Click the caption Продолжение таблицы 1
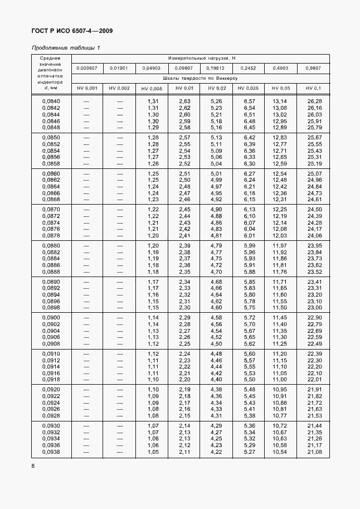66,48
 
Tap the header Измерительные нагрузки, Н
202,58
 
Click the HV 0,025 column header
249,89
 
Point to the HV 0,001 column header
87,89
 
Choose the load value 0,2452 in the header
249,69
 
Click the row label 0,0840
51,101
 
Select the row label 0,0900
51,317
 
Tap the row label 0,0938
51,452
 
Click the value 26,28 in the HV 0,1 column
314,101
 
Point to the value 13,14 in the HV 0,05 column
280,101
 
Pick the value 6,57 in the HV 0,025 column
249,101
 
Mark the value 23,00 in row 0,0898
314,308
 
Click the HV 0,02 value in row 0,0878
216,236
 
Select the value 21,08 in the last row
314,452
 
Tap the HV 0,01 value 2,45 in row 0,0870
184,209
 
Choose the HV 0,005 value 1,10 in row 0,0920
153,389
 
